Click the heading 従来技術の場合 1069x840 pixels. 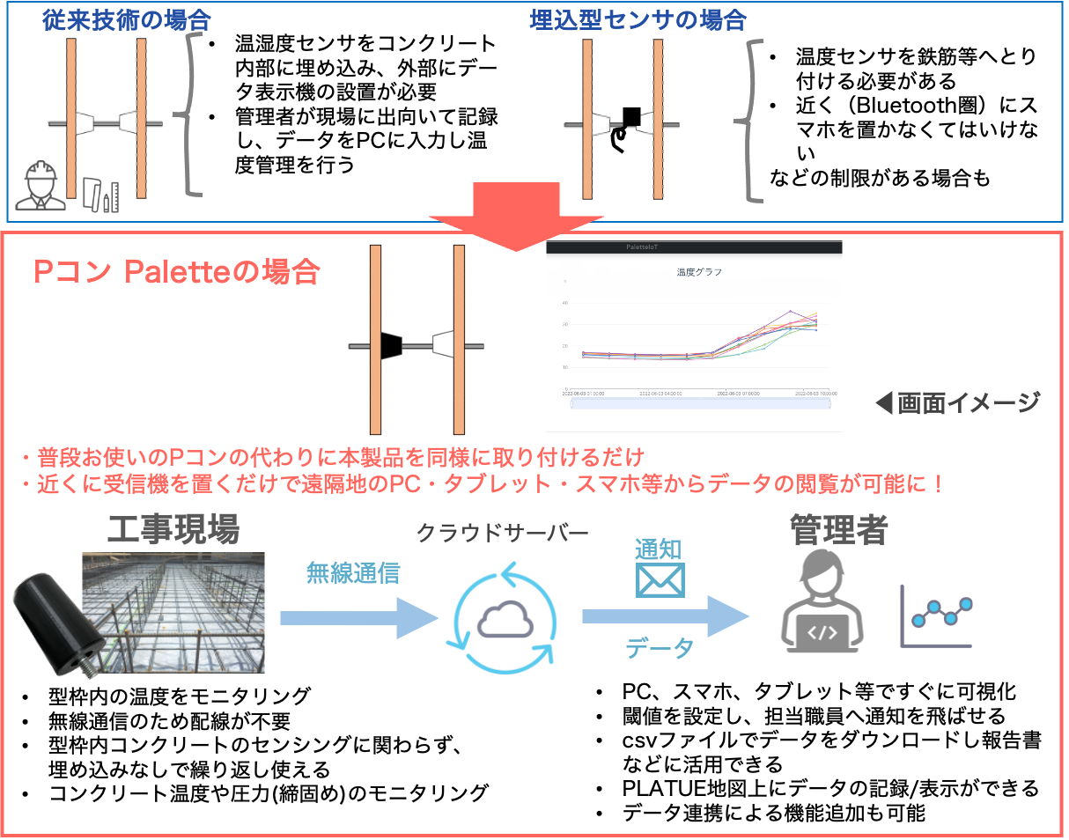(127, 20)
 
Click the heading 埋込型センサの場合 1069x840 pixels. (638, 20)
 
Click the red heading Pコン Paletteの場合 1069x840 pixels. (176, 272)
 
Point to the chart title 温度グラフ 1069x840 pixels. (699, 272)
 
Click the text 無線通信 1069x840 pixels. (352, 573)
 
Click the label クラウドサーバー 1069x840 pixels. (502, 534)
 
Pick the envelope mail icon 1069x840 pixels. (660, 580)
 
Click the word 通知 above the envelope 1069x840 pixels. (659, 549)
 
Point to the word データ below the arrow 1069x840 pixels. (660, 649)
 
